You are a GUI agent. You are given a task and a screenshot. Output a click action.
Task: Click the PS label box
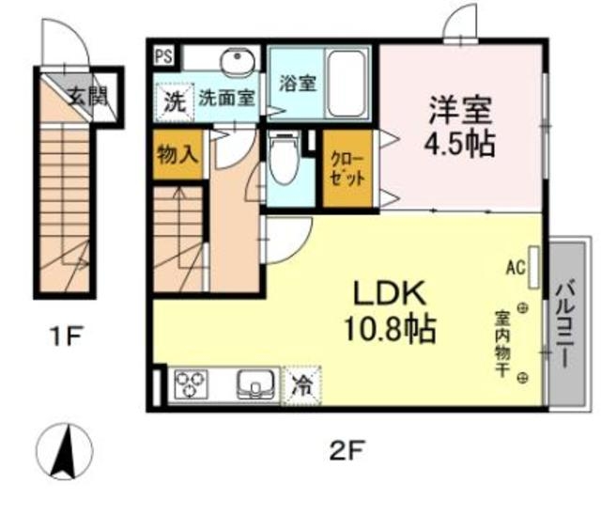coord(163,55)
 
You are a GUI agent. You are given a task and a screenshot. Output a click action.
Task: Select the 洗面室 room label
coord(225,99)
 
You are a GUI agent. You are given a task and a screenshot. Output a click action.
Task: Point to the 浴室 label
coord(297,82)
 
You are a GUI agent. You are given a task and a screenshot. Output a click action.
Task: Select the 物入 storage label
coord(177,153)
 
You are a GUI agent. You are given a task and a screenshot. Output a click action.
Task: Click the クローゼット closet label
coord(347,170)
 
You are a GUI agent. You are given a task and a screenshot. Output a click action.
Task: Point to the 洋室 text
coord(462,109)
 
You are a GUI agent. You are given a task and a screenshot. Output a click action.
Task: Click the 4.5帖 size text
coord(462,145)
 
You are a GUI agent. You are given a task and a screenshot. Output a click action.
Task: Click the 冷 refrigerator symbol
coord(301,383)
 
